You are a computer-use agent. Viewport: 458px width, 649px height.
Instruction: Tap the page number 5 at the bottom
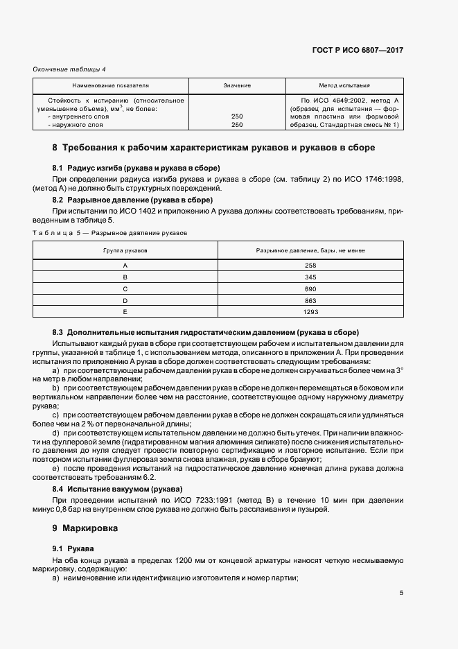pyautogui.click(x=401, y=593)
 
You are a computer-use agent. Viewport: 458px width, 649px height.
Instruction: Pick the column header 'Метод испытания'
pyautogui.click(x=344, y=85)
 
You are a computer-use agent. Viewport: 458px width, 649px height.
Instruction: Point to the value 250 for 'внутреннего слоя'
pyautogui.click(x=236, y=116)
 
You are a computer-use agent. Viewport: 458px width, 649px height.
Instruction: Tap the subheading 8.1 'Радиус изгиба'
pyautogui.click(x=136, y=168)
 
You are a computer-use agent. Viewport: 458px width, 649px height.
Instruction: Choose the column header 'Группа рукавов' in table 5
pyautogui.click(x=125, y=250)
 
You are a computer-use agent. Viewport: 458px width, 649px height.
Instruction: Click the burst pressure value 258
pyautogui.click(x=310, y=266)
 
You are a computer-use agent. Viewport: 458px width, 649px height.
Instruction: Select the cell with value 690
pyautogui.click(x=310, y=289)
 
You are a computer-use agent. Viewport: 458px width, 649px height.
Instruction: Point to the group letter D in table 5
pyautogui.click(x=125, y=301)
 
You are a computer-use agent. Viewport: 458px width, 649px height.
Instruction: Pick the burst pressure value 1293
pyautogui.click(x=310, y=313)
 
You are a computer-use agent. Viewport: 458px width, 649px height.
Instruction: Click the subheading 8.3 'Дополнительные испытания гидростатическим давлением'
pyautogui.click(x=206, y=333)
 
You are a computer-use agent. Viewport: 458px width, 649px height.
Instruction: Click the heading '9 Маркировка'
pyautogui.click(x=85, y=528)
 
